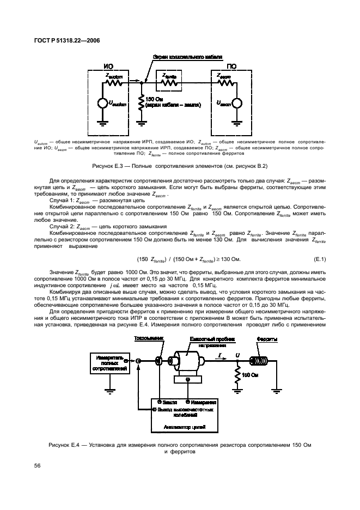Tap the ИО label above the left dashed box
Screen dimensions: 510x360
tap(108, 66)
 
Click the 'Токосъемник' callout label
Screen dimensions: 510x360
tap(148, 339)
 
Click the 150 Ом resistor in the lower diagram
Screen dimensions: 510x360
tap(237, 375)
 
